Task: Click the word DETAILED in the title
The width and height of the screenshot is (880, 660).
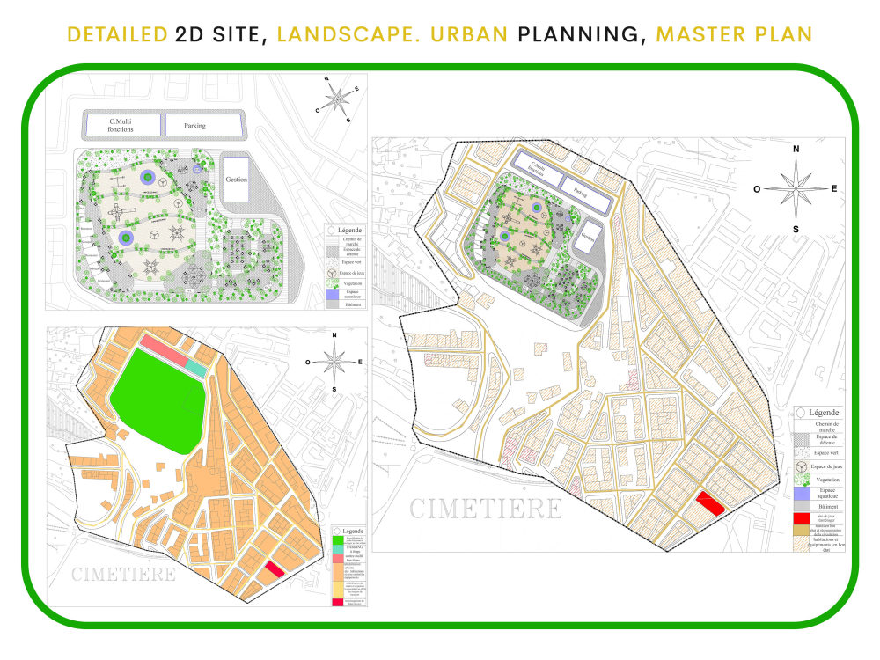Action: [x=117, y=34]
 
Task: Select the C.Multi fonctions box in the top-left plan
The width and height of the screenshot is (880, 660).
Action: [x=122, y=126]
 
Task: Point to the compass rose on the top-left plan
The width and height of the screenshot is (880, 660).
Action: [x=335, y=101]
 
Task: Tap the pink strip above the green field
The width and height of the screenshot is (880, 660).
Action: [x=164, y=350]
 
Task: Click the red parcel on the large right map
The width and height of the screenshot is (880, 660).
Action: [x=709, y=503]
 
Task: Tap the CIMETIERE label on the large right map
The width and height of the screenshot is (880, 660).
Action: [x=486, y=510]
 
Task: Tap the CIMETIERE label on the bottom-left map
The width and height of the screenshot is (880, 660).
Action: [x=123, y=575]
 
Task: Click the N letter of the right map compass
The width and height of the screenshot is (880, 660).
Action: [x=796, y=150]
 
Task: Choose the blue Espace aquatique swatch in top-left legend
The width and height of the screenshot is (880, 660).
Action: [x=331, y=296]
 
